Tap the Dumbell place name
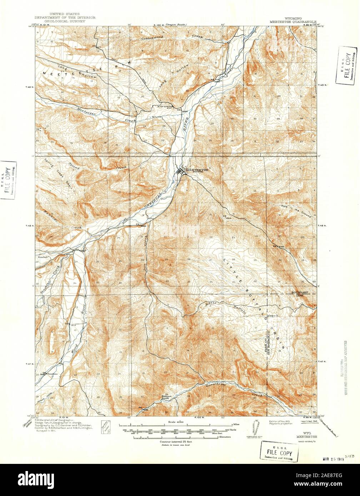(x=42, y=257)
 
